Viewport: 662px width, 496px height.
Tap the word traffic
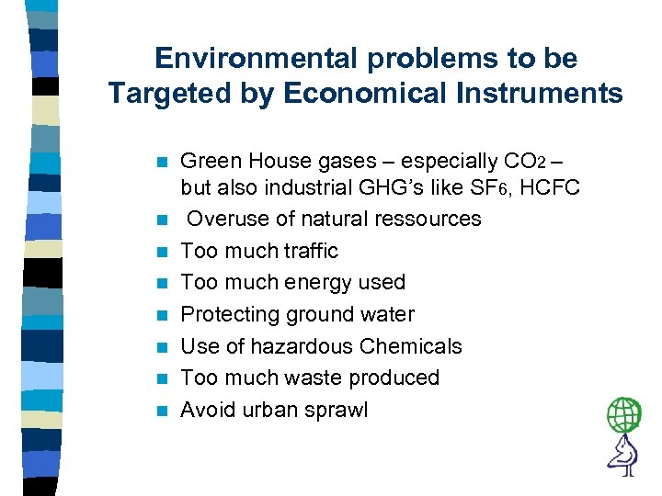pos(305,251)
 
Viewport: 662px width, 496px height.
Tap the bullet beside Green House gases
pos(162,163)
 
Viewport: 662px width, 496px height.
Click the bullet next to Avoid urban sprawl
pos(162,411)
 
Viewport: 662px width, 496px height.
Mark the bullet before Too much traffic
pos(162,252)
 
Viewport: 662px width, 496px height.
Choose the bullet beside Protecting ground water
pos(162,315)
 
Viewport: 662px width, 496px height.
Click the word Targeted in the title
pos(165,94)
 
